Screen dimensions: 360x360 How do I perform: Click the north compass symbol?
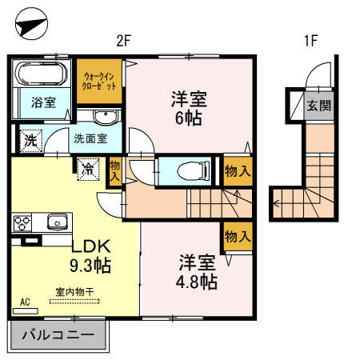pos(31,24)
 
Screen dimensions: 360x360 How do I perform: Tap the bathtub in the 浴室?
pos(42,74)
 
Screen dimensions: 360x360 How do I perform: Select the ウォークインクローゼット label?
pos(99,81)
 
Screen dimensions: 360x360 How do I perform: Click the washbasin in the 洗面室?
pos(106,117)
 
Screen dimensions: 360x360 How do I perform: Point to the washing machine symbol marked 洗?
pos(31,141)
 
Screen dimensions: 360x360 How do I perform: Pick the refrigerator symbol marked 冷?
pos(88,170)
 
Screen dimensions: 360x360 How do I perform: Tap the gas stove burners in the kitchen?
pos(22,223)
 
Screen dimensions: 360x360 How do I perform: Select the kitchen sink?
pos(58,222)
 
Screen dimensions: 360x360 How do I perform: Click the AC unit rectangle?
pos(26,311)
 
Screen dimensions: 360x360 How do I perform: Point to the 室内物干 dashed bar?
pos(74,302)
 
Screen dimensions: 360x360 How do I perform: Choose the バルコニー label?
pos(58,334)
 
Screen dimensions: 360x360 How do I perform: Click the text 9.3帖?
pos(90,265)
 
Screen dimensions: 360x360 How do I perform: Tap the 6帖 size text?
pos(188,118)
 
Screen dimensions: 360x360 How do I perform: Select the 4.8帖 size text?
pos(197,282)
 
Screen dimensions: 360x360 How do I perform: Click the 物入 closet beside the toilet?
pos(238,171)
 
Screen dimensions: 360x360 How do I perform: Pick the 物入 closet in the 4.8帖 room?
pos(238,236)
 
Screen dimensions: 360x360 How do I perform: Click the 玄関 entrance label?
pos(319,106)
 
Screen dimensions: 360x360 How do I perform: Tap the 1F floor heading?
pos(311,41)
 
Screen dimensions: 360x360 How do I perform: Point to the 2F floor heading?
pos(123,41)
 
